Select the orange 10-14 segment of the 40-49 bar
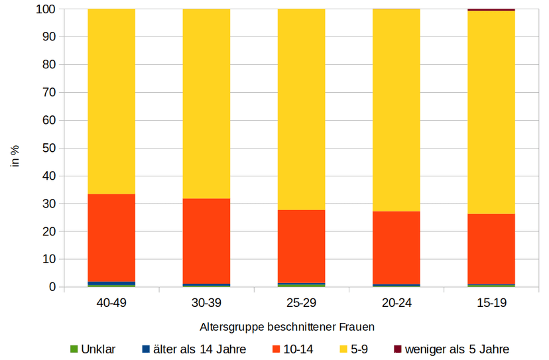point(111,238)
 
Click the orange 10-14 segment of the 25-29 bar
point(301,246)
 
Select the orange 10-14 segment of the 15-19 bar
point(491,249)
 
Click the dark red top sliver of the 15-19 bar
point(491,10)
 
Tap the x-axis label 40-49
point(111,303)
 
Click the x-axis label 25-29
point(301,303)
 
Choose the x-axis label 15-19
point(491,303)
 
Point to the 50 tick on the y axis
point(49,149)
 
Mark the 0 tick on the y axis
point(52,287)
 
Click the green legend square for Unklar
point(74,349)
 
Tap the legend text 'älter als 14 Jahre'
point(200,349)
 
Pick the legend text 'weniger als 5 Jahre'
point(457,349)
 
